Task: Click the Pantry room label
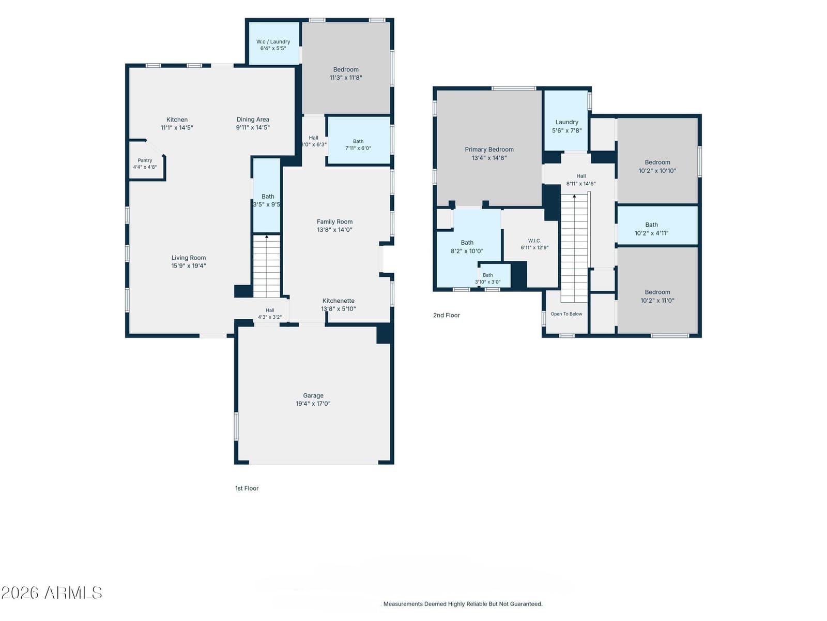coord(145,160)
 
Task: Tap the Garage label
coord(313,395)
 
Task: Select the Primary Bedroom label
coord(489,150)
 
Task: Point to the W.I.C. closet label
coord(534,241)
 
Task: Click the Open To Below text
coord(566,314)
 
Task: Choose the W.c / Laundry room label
coord(273,41)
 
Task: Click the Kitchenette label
coord(339,301)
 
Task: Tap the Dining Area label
coord(253,120)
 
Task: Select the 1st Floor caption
coord(247,489)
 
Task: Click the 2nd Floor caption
coord(447,315)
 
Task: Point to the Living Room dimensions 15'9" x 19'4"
coord(188,266)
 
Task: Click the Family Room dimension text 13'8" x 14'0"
coord(334,230)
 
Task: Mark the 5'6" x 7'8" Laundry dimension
coord(566,131)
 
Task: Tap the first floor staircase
coord(266,266)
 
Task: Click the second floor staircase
coord(574,248)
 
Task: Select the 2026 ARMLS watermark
coord(52,593)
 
